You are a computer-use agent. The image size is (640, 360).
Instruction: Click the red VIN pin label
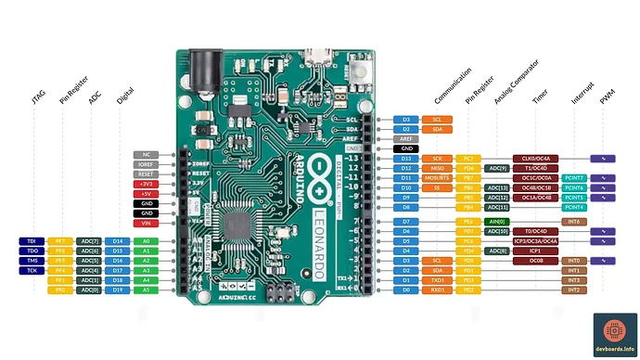point(147,223)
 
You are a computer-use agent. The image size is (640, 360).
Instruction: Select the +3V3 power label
point(147,184)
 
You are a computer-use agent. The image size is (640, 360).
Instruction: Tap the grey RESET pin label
point(147,174)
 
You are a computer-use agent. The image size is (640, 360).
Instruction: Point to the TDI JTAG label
point(32,241)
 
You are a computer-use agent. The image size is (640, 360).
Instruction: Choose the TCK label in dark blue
point(32,270)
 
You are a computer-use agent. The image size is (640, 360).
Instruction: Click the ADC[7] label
point(89,241)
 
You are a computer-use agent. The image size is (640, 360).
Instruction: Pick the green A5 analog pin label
point(146,289)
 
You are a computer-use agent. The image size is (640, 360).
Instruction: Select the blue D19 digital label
point(118,289)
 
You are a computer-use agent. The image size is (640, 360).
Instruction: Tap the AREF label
point(405,138)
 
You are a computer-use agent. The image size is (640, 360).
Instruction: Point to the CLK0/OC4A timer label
point(536,159)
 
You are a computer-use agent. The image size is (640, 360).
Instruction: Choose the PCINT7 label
point(574,177)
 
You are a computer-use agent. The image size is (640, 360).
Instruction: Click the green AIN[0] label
point(497,222)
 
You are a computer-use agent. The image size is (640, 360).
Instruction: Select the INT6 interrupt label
point(574,222)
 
